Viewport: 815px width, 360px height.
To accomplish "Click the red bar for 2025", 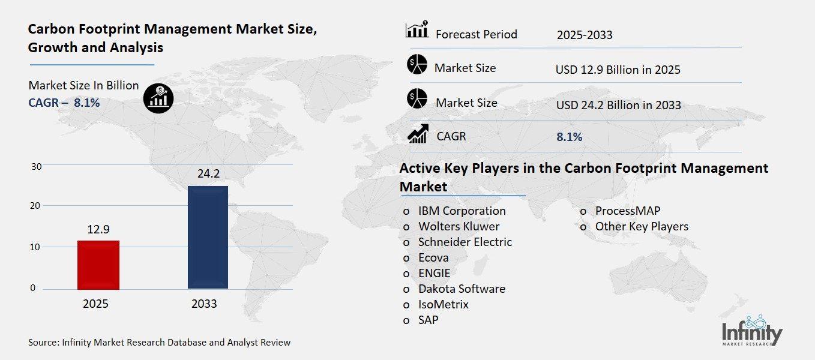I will pos(98,264).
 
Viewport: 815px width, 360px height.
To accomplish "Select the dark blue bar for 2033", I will pos(208,237).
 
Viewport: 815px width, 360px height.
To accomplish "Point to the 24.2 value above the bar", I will pos(208,174).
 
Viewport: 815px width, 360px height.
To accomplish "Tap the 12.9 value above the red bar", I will pos(98,229).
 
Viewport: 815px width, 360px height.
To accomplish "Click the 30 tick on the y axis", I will pos(36,166).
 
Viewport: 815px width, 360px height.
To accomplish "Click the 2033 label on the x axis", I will pos(204,304).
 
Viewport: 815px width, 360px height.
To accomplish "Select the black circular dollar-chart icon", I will pos(158,98).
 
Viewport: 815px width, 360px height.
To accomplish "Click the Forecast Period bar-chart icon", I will pos(417,29).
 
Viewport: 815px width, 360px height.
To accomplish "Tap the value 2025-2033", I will pos(584,35).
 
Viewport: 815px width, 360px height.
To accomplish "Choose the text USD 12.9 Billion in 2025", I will pos(618,70).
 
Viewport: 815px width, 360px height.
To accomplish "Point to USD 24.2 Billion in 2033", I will pos(618,105).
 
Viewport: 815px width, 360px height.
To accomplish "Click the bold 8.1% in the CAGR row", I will pos(569,137).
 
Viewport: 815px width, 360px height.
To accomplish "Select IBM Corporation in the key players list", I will pos(462,211).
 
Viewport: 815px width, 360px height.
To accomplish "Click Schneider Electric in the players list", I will pos(465,242).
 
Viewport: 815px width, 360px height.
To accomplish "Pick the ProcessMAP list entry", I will pos(628,211).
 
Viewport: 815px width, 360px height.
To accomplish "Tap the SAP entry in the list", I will pos(428,320).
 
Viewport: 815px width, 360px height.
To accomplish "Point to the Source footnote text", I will pos(159,343).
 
